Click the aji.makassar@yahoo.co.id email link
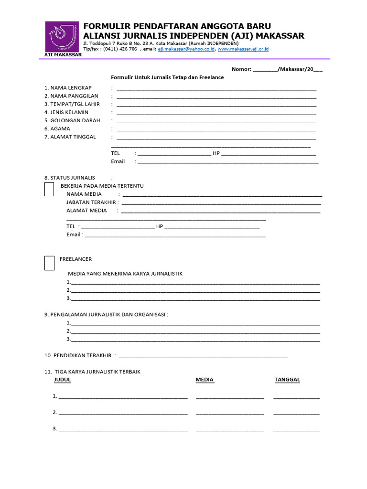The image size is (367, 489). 186,49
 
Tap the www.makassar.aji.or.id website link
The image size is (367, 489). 243,49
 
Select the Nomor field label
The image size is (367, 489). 241,69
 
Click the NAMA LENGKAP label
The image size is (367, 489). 68,88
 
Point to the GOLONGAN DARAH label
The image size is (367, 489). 72,120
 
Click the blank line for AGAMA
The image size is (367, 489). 216,129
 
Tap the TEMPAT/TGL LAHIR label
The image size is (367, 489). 72,104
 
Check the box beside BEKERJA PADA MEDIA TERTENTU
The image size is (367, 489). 49,189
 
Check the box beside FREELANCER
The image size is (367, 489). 49,263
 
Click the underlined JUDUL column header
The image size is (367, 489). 63,380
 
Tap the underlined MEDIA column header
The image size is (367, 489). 205,380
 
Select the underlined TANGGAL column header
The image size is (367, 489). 287,380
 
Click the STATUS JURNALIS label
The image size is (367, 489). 70,178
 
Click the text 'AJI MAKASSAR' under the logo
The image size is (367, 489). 60,55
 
